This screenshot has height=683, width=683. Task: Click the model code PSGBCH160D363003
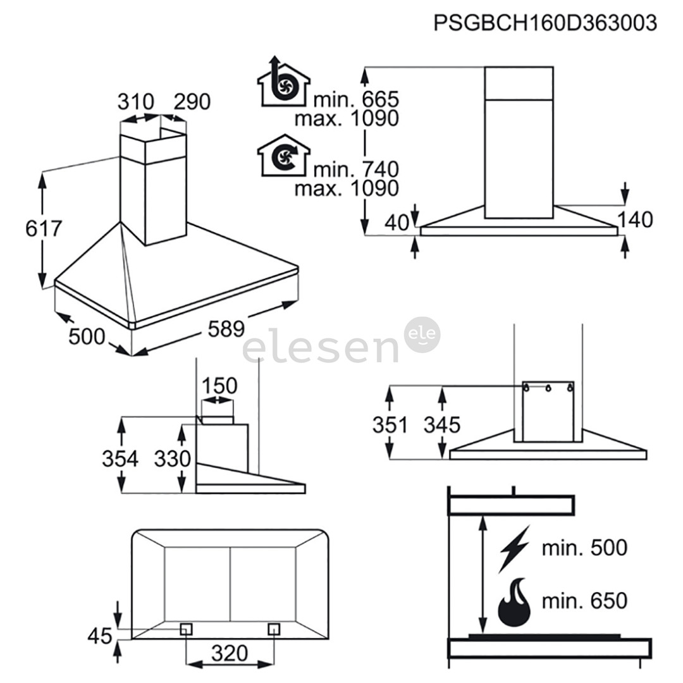(x=545, y=23)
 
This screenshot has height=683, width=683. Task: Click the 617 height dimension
(x=44, y=228)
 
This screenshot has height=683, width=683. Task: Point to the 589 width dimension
(x=226, y=329)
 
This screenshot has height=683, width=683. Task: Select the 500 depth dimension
(x=87, y=337)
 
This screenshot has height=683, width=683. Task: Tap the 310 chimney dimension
(x=136, y=101)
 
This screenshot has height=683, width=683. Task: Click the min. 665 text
(x=356, y=99)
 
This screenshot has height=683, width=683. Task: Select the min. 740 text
(x=356, y=169)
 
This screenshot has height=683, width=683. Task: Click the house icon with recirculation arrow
(x=283, y=156)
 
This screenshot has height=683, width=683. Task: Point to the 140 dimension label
(x=634, y=219)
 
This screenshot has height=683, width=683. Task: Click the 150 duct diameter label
(x=218, y=385)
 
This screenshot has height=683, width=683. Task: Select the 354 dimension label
(x=120, y=458)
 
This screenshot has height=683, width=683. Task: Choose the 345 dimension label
(x=442, y=424)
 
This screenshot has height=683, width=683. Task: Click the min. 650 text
(x=584, y=600)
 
